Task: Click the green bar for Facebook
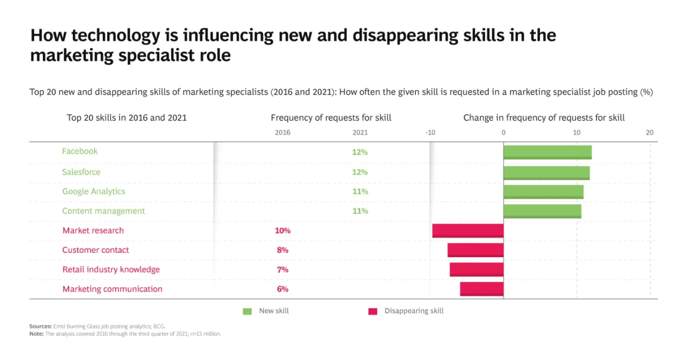coord(548,153)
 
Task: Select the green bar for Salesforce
coord(547,173)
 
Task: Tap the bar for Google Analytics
coord(543,192)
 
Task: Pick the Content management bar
coord(542,212)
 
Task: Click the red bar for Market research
coord(468,231)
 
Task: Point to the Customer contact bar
coord(475,250)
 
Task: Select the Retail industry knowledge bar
coord(476,269)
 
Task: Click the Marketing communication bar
coord(482,289)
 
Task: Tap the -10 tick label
coord(430,132)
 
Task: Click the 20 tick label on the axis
coord(650,132)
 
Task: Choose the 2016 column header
coord(282,132)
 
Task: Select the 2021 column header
coord(360,132)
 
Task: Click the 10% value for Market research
coord(282,230)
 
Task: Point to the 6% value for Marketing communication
coord(282,289)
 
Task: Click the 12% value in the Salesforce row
coord(360,172)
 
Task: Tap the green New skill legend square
coord(247,311)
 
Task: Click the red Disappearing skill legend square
coord(372,311)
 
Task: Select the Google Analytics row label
coord(94,192)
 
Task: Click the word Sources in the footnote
coord(40,326)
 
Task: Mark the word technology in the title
coord(116,36)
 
